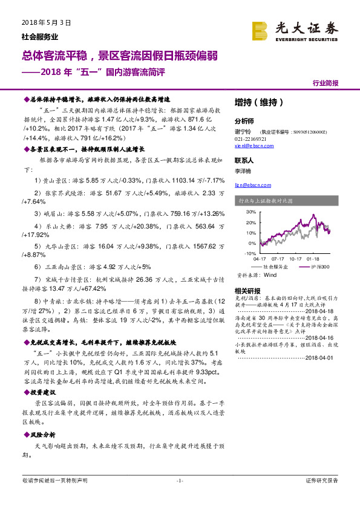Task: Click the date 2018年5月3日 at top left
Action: click(41, 22)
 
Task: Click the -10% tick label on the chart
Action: click(250, 253)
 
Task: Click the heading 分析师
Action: click(244, 121)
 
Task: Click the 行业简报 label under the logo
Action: click(326, 83)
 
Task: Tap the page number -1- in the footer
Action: click(179, 481)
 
